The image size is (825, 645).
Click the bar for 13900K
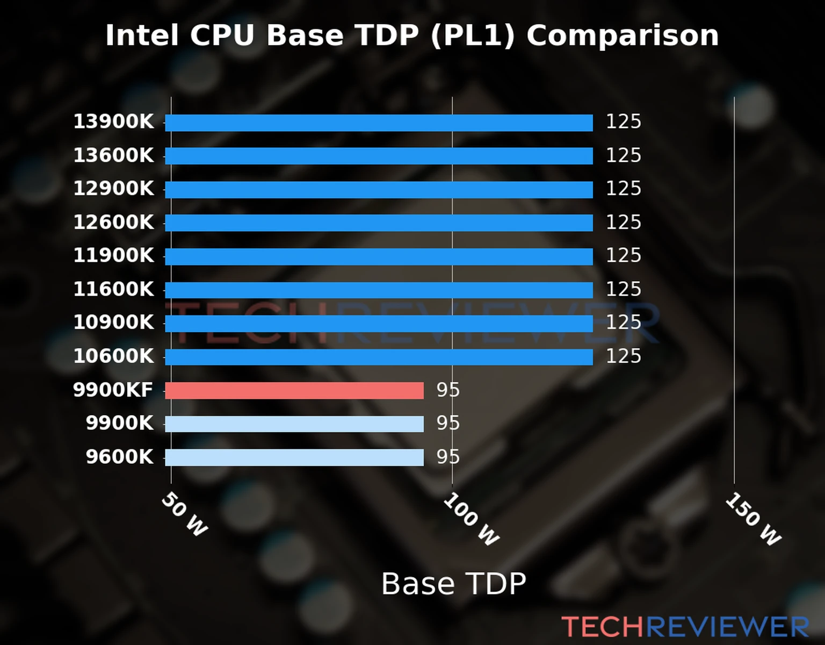click(x=379, y=123)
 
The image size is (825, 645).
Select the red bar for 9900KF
click(x=294, y=391)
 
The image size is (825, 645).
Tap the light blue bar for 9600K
click(x=294, y=457)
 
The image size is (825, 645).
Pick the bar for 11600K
click(x=379, y=290)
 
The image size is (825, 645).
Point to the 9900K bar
click(x=294, y=424)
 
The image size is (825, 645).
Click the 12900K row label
click(x=113, y=189)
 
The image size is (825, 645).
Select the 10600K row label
click(x=113, y=356)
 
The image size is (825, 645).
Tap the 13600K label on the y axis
click(x=113, y=155)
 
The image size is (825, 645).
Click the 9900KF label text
click(x=113, y=390)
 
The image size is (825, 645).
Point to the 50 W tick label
click(x=184, y=514)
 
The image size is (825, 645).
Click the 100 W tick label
click(x=471, y=519)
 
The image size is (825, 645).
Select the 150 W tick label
click(x=753, y=519)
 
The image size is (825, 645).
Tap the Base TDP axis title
click(x=453, y=584)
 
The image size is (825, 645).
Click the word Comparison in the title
click(x=622, y=36)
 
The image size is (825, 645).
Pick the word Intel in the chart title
click(x=142, y=36)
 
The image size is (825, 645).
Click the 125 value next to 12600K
click(x=623, y=223)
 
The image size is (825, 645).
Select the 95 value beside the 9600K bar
click(x=448, y=457)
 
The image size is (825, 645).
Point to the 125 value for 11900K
click(x=623, y=256)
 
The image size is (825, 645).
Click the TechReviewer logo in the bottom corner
click(x=685, y=627)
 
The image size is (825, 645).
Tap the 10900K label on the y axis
click(x=113, y=322)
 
